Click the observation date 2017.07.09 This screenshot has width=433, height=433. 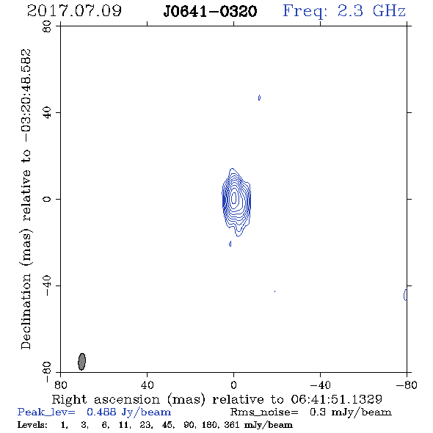[x=74, y=11]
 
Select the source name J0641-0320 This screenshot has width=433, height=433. [x=210, y=12]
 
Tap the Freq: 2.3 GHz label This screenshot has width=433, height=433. [x=344, y=12]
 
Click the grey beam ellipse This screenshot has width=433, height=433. [x=81, y=362]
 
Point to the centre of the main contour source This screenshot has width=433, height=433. [x=234, y=198]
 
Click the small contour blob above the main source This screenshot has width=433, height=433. [x=259, y=98]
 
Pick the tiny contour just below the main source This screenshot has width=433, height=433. [x=230, y=244]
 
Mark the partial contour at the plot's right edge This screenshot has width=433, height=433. [x=405, y=294]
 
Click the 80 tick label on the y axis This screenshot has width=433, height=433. [x=47, y=26]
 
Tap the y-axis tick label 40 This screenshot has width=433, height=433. [x=47, y=113]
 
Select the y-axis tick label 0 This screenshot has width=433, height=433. [x=47, y=199]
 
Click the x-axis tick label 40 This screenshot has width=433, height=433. [x=148, y=385]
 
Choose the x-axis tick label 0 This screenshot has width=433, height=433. [x=233, y=385]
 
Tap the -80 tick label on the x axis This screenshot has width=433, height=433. [x=407, y=385]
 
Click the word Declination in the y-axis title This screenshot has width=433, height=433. [x=26, y=311]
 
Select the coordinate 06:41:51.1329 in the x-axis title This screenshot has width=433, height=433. [x=336, y=399]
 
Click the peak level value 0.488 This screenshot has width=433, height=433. [x=101, y=412]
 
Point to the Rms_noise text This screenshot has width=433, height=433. [x=264, y=412]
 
